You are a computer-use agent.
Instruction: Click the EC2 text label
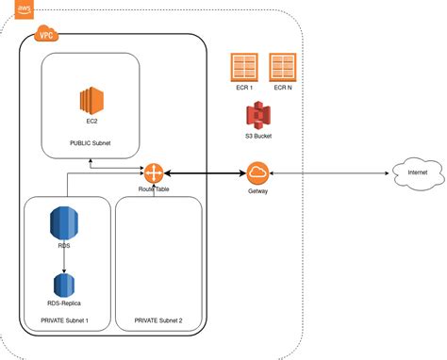coord(91,123)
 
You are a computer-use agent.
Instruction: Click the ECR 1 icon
coord(242,69)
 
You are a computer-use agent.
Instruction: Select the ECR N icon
coord(282,69)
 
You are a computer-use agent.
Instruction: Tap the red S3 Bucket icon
coord(257,117)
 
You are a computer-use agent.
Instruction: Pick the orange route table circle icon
coord(154,173)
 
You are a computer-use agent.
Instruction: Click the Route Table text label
coord(154,189)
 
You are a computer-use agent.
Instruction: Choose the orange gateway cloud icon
coord(257,173)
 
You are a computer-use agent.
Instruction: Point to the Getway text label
coord(257,191)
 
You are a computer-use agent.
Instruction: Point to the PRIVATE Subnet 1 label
coord(64,321)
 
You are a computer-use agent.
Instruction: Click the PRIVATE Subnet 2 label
coord(157,321)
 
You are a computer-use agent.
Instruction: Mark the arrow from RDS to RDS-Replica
coord(63,259)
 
